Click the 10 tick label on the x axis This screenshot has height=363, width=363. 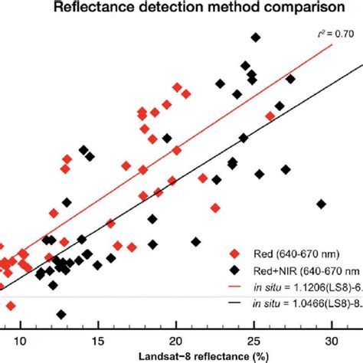[x=21, y=341]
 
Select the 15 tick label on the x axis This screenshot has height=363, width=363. [x=99, y=341]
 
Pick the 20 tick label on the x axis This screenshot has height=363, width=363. [x=176, y=341]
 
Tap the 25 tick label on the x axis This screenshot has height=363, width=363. [x=253, y=341]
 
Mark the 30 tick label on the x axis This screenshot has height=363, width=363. [x=331, y=341]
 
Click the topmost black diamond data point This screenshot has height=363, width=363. [x=256, y=37]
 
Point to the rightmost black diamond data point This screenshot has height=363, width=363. [x=322, y=204]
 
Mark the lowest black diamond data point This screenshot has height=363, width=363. [x=60, y=313]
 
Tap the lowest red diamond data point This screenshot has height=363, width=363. [x=11, y=306]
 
